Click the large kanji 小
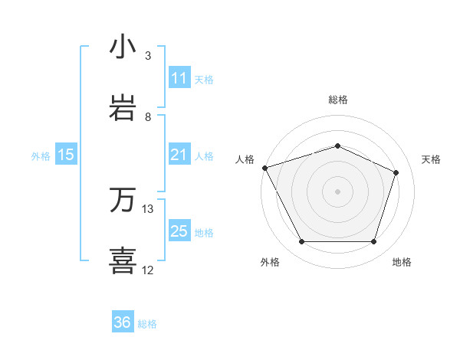[x=123, y=47]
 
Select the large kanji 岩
[x=123, y=108]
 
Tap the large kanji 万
[x=123, y=200]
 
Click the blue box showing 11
[x=179, y=78]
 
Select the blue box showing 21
[x=179, y=155]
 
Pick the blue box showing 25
[x=179, y=232]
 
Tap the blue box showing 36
[x=123, y=322]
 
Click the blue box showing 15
[x=66, y=155]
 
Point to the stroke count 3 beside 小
[x=148, y=56]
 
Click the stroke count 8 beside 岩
[x=148, y=117]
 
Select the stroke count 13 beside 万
[x=148, y=208]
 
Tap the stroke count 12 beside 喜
[x=148, y=270]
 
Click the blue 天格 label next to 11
[x=204, y=79]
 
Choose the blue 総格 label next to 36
[x=147, y=323]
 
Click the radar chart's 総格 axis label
[x=338, y=100]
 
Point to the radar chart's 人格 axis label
[x=245, y=159]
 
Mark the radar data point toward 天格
[x=396, y=172]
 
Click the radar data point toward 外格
[x=301, y=242]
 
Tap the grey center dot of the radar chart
[x=337, y=191]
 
